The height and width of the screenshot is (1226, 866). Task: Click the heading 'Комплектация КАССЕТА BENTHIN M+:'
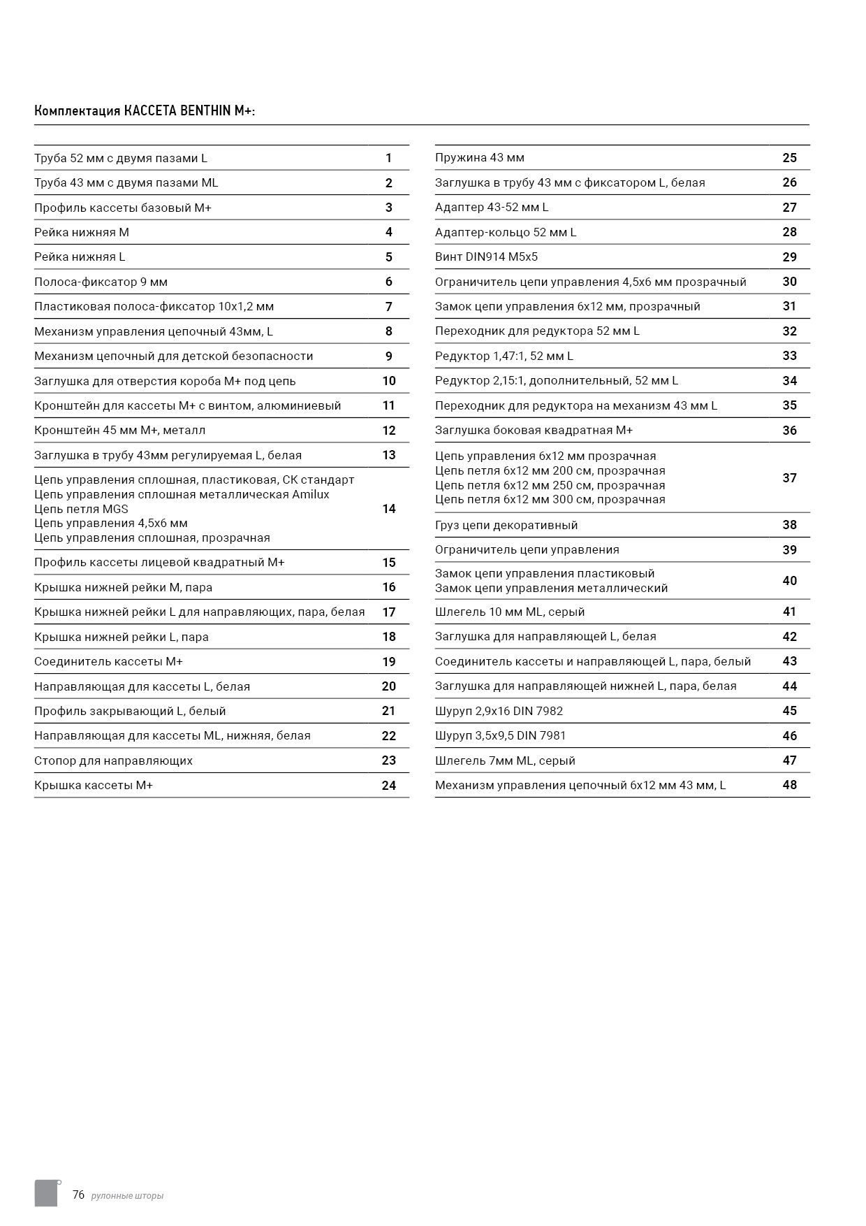(145, 111)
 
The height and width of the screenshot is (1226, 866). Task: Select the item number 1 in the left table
(389, 158)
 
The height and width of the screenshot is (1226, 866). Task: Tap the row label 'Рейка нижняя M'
(82, 232)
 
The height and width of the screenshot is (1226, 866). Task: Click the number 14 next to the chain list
(389, 509)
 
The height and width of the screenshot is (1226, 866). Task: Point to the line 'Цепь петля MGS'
(81, 509)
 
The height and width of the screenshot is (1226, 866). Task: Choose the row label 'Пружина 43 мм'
(480, 158)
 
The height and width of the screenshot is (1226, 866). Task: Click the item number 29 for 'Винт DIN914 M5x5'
(789, 257)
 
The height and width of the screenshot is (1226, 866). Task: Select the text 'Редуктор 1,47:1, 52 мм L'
(504, 356)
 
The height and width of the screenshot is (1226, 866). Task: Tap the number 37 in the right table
(789, 478)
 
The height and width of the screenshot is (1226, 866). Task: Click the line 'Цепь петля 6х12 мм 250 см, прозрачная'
(550, 485)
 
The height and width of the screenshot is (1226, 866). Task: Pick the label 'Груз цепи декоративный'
(506, 525)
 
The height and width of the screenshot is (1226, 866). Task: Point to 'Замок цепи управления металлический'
(551, 589)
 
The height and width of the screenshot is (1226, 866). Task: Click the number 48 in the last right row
(789, 785)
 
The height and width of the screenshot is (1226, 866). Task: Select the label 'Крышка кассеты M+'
(94, 786)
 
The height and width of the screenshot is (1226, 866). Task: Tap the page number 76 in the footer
(78, 1195)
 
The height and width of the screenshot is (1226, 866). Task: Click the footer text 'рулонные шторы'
(127, 1196)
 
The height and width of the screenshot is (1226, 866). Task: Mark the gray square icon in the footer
(46, 1192)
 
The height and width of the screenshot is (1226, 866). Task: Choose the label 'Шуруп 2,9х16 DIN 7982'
(499, 711)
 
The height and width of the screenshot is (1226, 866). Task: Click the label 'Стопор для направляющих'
(113, 760)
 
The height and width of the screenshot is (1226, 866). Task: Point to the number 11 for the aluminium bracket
(389, 405)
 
